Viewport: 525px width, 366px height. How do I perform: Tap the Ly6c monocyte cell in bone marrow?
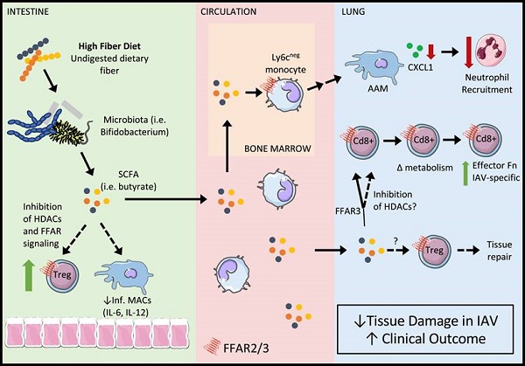[288, 88]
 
